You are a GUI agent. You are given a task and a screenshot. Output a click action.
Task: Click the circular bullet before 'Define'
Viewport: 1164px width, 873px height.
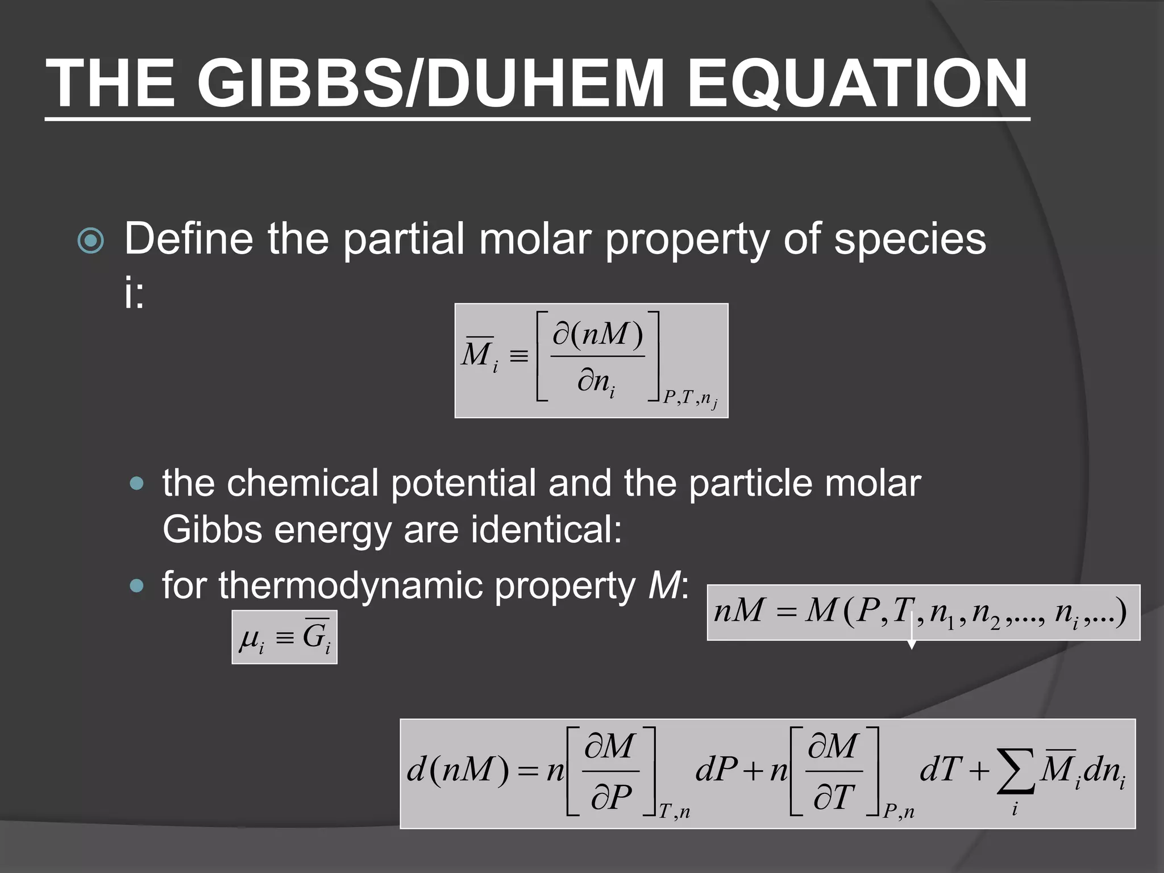pyautogui.click(x=90, y=241)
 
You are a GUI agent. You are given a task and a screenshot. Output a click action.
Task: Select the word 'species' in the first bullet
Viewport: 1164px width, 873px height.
pyautogui.click(x=910, y=239)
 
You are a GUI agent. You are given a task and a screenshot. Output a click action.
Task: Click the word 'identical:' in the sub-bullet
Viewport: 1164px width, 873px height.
pyautogui.click(x=546, y=530)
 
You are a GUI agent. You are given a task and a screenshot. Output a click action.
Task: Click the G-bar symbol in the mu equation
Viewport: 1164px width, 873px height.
pyautogui.click(x=316, y=636)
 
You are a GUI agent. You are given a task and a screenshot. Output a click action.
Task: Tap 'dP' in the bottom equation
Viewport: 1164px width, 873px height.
pyautogui.click(x=717, y=771)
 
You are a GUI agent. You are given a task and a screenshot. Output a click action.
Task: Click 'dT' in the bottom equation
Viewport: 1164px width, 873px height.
pyautogui.click(x=941, y=771)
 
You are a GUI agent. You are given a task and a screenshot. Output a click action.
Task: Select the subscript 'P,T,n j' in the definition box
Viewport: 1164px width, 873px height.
pyautogui.click(x=690, y=399)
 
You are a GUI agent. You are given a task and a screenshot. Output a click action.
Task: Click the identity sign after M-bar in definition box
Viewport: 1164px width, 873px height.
pyautogui.click(x=518, y=357)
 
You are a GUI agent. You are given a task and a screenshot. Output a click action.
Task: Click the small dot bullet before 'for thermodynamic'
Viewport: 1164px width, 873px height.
pyautogui.click(x=137, y=585)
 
